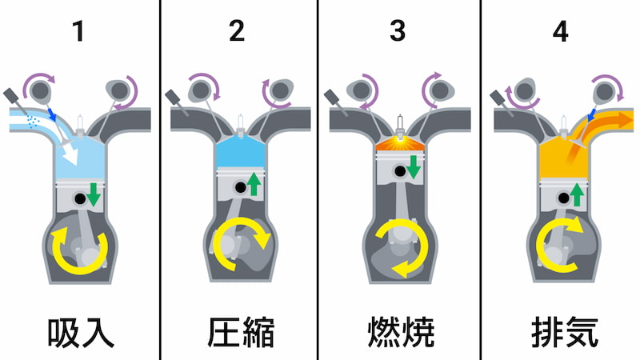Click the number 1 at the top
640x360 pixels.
[x=78, y=31]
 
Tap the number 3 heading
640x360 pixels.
[x=398, y=31]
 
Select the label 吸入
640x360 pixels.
[x=81, y=333]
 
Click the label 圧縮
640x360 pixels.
[x=241, y=332]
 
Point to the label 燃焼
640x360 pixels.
[x=401, y=332]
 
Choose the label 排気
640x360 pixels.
[x=565, y=332]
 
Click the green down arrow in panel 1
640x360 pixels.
[x=94, y=194]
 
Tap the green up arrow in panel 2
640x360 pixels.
[x=254, y=184]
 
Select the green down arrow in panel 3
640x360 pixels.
[x=413, y=167]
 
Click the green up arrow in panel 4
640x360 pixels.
[x=577, y=194]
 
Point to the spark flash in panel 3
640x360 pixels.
[x=401, y=142]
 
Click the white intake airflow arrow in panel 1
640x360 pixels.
[x=69, y=155]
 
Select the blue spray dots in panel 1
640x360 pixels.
[x=33, y=122]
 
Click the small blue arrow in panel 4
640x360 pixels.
[x=591, y=115]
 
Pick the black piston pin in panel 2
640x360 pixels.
[x=241, y=187]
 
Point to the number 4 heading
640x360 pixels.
[x=561, y=31]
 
